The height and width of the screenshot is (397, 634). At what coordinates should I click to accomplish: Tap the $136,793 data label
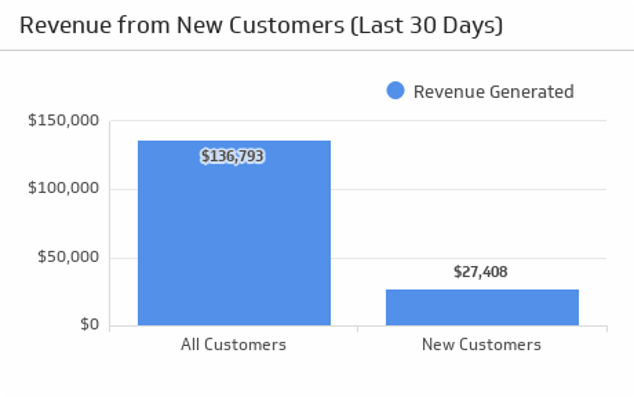(x=232, y=156)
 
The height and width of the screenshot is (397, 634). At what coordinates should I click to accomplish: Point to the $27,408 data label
(x=481, y=272)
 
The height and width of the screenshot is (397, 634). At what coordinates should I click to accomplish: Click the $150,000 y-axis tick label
(x=64, y=120)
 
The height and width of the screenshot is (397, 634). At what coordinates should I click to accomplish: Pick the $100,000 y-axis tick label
(x=64, y=188)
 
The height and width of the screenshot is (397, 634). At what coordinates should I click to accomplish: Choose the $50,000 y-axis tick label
(x=68, y=257)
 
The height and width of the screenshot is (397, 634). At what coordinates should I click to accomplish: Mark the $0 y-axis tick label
(x=90, y=325)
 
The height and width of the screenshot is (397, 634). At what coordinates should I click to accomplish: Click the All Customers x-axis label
(x=233, y=345)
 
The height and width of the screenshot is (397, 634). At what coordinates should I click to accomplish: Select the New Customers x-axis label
(x=481, y=345)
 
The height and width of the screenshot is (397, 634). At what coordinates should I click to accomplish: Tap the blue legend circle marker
(x=395, y=91)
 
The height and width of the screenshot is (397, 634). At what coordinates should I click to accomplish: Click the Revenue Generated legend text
(x=493, y=92)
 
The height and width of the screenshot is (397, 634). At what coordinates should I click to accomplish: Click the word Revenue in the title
(x=65, y=25)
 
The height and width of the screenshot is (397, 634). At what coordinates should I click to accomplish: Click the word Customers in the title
(x=287, y=25)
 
